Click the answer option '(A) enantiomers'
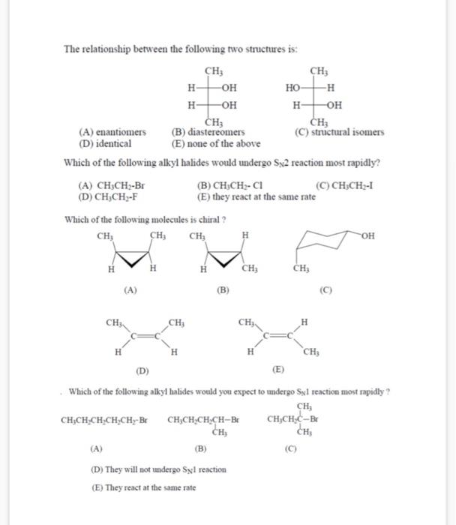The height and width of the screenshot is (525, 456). click(112, 132)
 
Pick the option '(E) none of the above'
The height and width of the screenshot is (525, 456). click(216, 143)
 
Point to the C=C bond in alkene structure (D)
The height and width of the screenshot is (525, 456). click(145, 337)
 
